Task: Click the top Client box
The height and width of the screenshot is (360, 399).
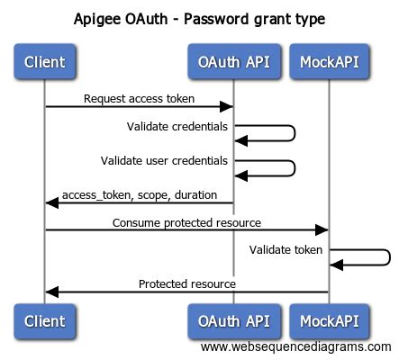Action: coord(45,61)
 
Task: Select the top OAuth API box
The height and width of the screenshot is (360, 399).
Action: coord(234,61)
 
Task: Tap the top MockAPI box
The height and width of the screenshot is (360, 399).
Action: coord(329,61)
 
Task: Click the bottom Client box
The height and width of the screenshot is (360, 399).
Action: coord(45,321)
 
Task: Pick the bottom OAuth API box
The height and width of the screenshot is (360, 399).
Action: coord(234,321)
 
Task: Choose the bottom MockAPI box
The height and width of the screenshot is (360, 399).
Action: coord(329,321)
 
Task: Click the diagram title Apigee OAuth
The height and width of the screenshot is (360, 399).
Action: coord(121,19)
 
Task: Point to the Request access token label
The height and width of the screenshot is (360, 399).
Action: coord(139,99)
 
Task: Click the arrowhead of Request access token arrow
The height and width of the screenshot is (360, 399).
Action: coord(226,106)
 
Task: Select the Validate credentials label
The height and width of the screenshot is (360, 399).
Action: coord(177,126)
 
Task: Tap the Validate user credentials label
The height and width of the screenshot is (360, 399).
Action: coord(164,161)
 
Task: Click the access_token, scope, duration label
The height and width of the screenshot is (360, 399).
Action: coord(140,195)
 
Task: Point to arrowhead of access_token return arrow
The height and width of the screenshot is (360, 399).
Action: coord(52,203)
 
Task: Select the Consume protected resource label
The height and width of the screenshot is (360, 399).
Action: coord(186,223)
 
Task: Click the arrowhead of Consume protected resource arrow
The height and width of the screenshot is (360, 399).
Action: coord(322,229)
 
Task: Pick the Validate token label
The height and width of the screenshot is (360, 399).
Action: coord(286,249)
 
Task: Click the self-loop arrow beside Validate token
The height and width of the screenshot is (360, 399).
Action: coord(390,257)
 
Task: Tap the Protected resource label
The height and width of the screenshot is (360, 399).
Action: coord(187,283)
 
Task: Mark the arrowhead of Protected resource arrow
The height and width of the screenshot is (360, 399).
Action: coord(52,292)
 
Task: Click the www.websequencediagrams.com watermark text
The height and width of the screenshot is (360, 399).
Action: coord(296,346)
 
